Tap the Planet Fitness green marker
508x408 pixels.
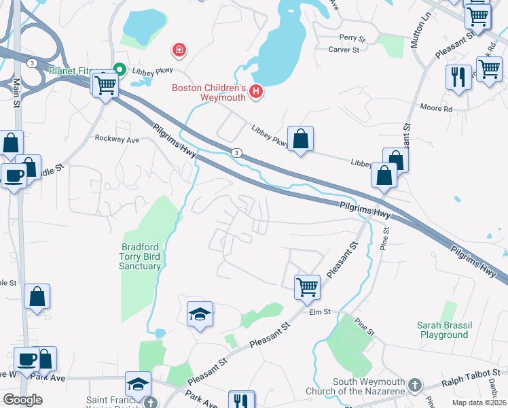pos(120,69)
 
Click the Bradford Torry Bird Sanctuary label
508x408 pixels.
pos(142,257)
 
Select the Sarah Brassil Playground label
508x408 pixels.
pos(445,330)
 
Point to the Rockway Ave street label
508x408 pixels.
pos(117,139)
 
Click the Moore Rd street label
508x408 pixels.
pos(436,108)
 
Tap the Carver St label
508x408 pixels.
pos(344,50)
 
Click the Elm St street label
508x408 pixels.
pos(319,312)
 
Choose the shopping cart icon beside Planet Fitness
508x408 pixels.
pos(105,86)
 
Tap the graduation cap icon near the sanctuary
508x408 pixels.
pos(200,313)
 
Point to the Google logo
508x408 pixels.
pos(22,399)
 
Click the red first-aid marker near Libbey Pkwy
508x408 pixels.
pos(179,50)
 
